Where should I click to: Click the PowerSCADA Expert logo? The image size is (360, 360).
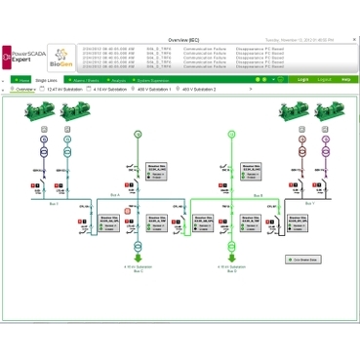[x=23, y=56]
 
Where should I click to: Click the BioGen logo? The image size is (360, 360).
[x=60, y=56]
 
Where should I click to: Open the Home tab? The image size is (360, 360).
[x=21, y=80]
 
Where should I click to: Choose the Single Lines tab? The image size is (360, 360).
[x=46, y=80]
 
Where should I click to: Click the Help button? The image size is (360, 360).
[x=345, y=80]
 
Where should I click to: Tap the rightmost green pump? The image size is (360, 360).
[x=323, y=112]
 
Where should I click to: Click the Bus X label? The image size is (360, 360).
[x=53, y=204]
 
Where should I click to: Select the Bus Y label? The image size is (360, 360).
[x=310, y=204]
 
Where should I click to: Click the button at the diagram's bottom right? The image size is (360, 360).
[x=304, y=260]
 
